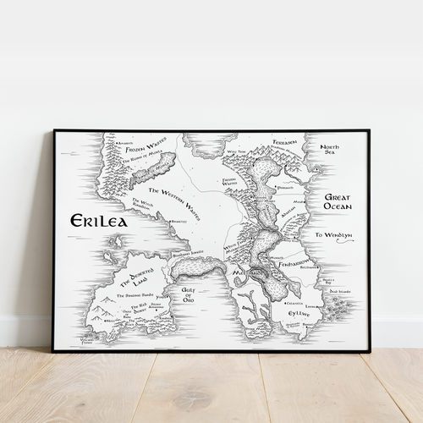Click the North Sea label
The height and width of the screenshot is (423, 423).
330,151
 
